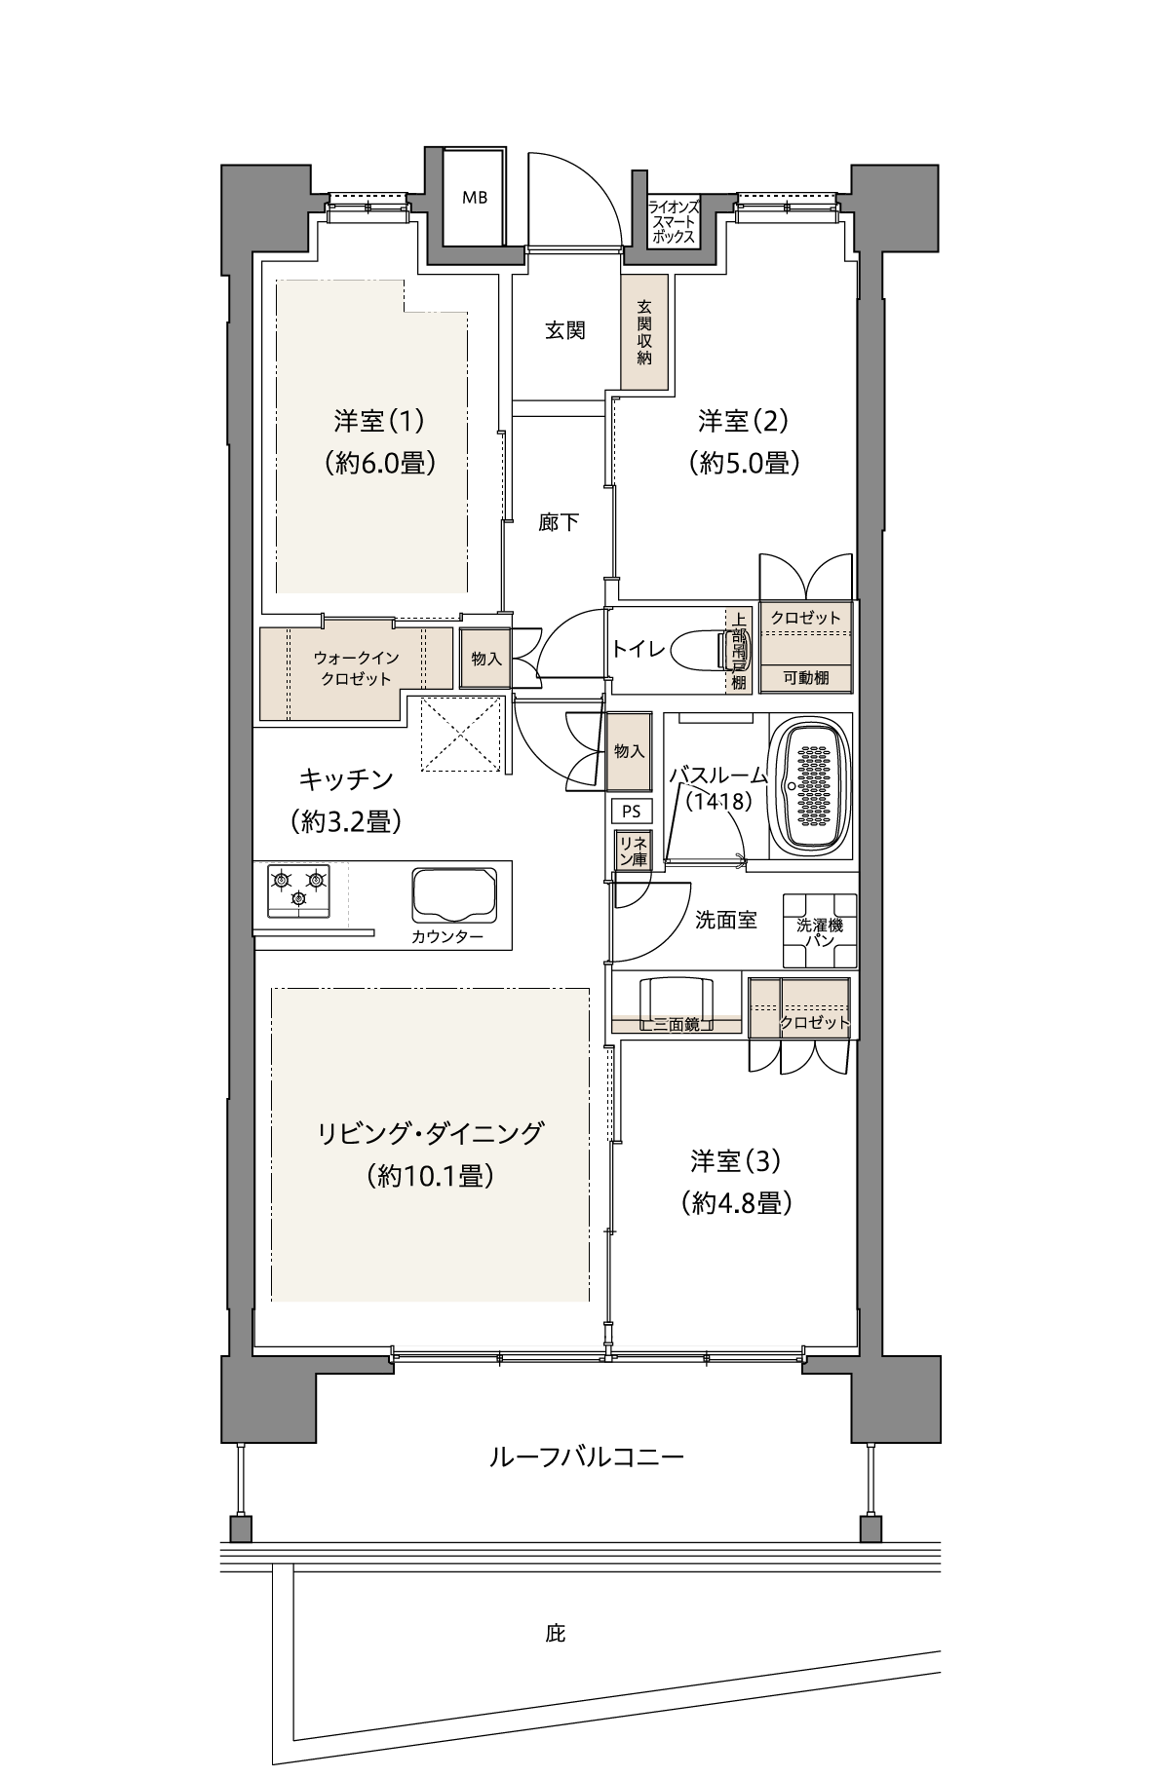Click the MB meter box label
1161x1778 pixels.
coord(475,197)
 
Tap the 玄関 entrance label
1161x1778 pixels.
coord(564,330)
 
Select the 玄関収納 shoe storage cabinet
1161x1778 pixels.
coord(644,332)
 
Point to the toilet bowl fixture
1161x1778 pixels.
coord(701,650)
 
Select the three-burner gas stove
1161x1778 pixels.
coord(297,890)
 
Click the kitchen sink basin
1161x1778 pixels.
coord(455,894)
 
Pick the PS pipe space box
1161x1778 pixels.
coord(631,811)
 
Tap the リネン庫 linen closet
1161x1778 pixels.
coord(631,849)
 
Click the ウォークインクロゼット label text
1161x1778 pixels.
coord(356,668)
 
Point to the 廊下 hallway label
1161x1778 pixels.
coord(559,522)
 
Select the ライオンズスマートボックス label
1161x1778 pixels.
coord(674,221)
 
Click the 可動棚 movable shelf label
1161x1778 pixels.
coord(806,678)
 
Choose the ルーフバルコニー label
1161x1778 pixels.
coord(586,1457)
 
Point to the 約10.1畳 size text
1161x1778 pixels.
coord(430,1176)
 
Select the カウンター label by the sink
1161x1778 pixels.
coord(447,937)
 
